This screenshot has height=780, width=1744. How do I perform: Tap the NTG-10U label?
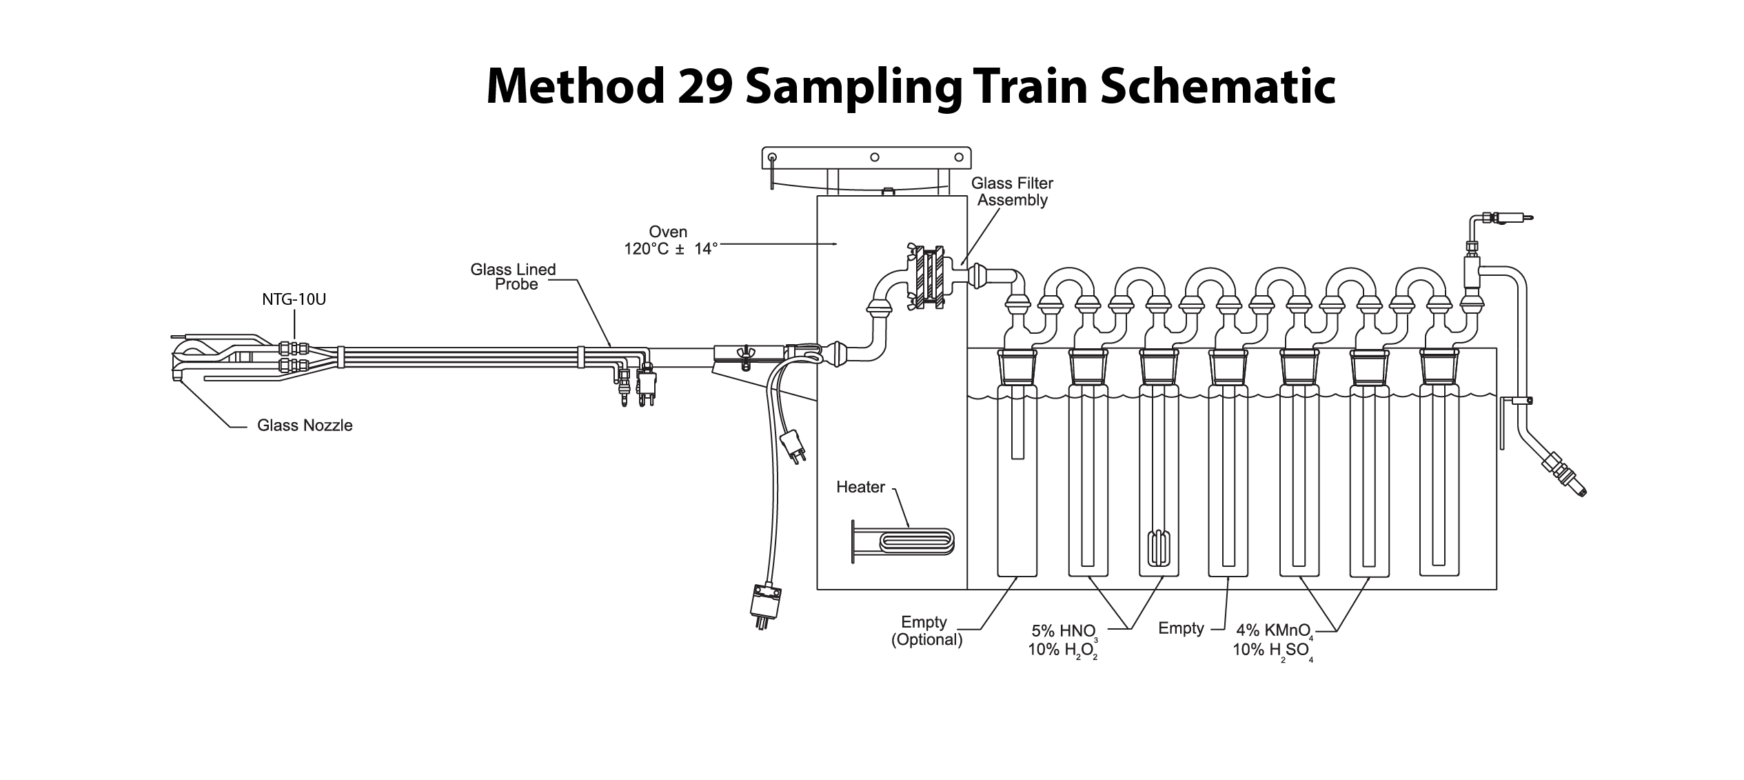pos(294,300)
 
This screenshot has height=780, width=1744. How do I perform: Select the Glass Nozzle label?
pos(305,426)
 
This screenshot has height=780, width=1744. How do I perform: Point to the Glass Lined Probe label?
pos(514,277)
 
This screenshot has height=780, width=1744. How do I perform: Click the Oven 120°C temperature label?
pos(669,241)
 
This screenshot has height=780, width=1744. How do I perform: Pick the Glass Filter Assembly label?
pos(1012,192)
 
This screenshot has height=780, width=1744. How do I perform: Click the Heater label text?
pos(860,487)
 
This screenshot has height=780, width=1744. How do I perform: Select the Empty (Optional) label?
pos(926,631)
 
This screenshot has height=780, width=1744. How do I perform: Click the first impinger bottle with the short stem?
pos(1017,483)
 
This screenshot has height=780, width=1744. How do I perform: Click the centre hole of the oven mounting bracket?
pos(874,157)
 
